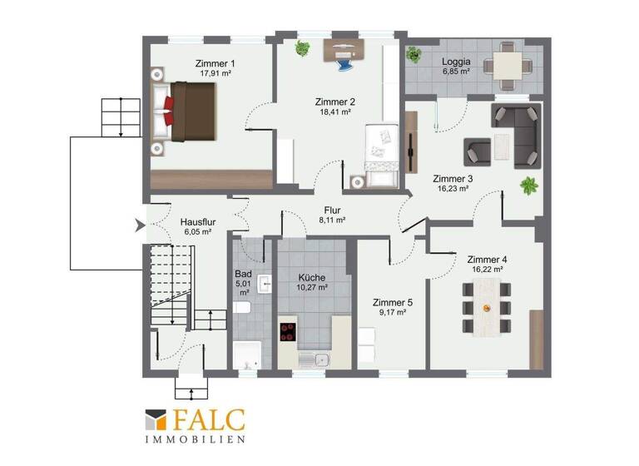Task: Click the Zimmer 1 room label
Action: coord(215,63)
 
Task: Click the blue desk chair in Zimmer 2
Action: coord(344,57)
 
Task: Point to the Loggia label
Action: coord(456,62)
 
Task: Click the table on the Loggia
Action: coord(505,64)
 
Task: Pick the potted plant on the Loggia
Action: coord(414,55)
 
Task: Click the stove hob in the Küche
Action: coord(289,331)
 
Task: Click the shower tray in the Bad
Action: coord(247,354)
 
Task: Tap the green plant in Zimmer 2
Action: coord(300,48)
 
